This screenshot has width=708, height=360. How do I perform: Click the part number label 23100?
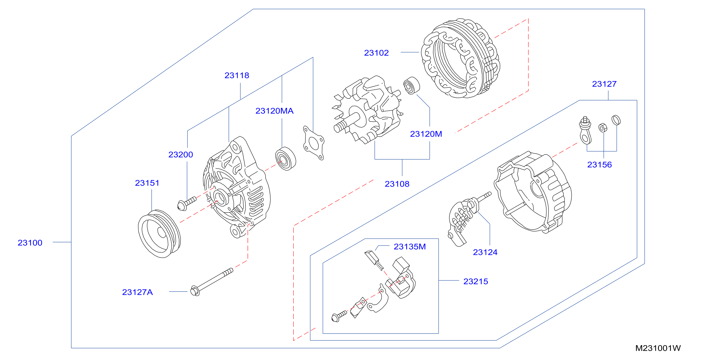pyautogui.click(x=30, y=243)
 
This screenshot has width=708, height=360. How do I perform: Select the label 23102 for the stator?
pyautogui.click(x=376, y=53)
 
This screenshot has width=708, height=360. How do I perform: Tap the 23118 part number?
pyautogui.click(x=237, y=75)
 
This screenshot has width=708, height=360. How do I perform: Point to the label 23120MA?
pyautogui.click(x=274, y=111)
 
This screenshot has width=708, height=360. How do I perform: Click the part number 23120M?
pyautogui.click(x=426, y=134)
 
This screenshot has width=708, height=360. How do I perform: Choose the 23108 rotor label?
pyautogui.click(x=397, y=184)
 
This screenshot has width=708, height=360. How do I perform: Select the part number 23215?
pyautogui.click(x=475, y=281)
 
